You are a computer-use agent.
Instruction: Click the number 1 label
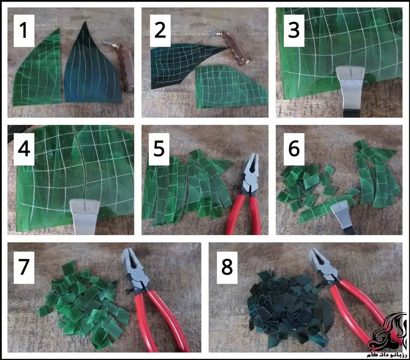click(x=24, y=31)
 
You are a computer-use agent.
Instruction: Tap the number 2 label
click(x=160, y=31)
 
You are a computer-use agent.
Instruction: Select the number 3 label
click(x=294, y=31)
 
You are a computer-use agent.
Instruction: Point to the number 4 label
click(x=24, y=149)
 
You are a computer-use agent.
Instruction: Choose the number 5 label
click(x=159, y=149)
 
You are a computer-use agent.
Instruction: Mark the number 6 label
click(x=294, y=149)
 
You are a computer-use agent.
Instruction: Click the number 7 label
click(x=24, y=267)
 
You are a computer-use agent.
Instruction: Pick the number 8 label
click(x=227, y=267)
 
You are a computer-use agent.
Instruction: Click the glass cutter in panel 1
click(x=121, y=66)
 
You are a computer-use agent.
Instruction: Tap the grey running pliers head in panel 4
click(x=85, y=216)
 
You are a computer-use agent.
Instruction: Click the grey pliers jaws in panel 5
click(x=251, y=174)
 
